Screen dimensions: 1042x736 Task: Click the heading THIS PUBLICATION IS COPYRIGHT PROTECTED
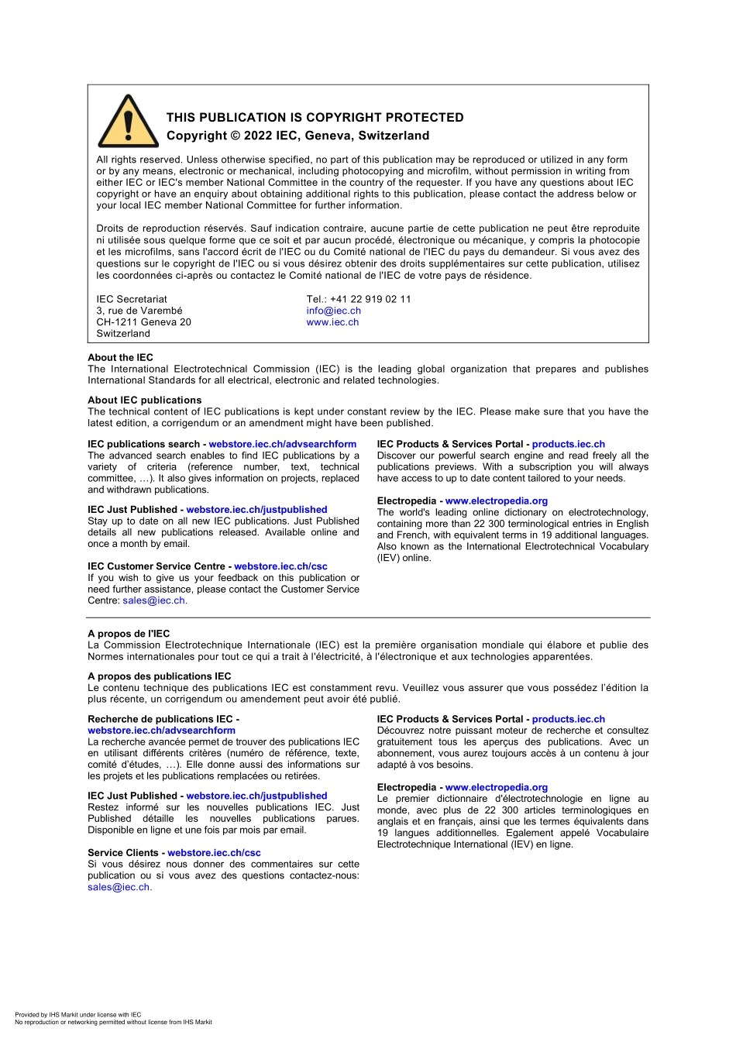(315, 118)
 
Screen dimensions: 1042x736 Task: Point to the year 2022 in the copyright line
(259, 136)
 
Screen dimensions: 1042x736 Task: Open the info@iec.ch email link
(333, 311)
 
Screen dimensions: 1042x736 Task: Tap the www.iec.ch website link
(332, 322)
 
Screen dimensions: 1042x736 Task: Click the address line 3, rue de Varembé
(139, 311)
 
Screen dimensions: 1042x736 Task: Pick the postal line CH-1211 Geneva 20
(143, 322)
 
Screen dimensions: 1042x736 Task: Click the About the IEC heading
(120, 357)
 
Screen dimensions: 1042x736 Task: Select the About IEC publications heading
(144, 400)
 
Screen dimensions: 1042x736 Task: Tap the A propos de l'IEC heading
(129, 633)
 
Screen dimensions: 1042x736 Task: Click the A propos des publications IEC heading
(159, 676)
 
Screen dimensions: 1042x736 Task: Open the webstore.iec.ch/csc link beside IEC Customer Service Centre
(280, 566)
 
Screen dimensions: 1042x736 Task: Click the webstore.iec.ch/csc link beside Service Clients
(214, 852)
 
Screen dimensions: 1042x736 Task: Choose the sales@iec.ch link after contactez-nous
(119, 887)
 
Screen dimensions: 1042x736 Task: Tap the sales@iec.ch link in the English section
(153, 600)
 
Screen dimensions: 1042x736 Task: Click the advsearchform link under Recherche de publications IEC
(161, 730)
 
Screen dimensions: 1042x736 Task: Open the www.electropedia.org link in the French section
(496, 787)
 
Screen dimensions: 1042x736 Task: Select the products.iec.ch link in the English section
(568, 444)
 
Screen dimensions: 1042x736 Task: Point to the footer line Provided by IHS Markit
(77, 1014)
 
